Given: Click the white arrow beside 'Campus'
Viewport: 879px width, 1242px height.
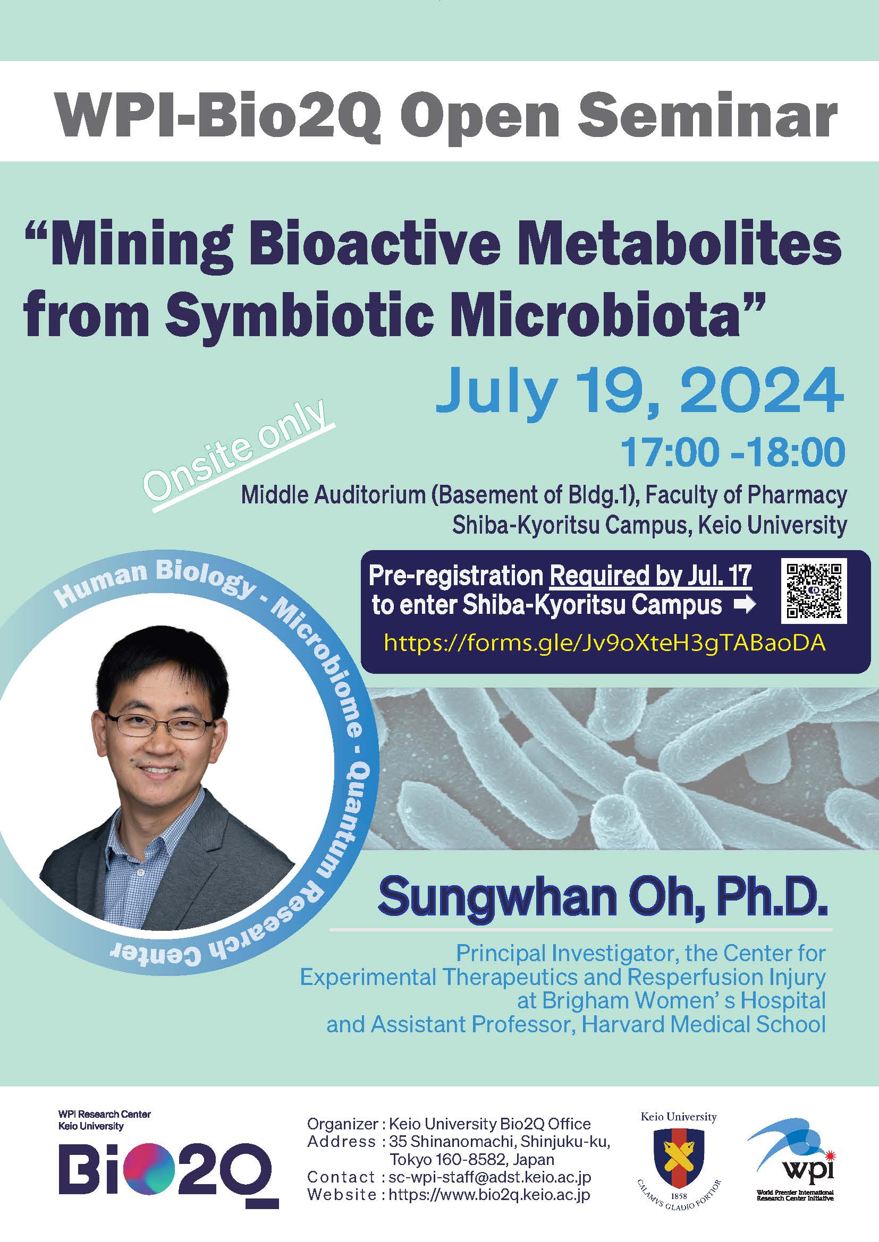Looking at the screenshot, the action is [744, 605].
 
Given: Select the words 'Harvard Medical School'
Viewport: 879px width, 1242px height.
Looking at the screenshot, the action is [704, 1024].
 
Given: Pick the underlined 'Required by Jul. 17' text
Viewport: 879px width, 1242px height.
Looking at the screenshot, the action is [650, 576].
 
